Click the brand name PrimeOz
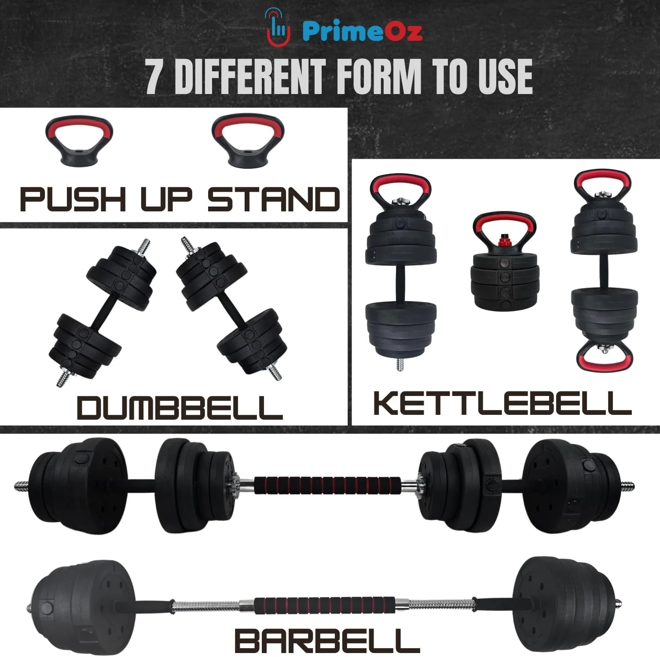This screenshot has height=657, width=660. pyautogui.click(x=363, y=31)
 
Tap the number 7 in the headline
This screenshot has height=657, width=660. pyautogui.click(x=154, y=76)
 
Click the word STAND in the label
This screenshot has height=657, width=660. pyautogui.click(x=274, y=199)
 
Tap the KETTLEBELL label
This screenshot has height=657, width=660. pyautogui.click(x=502, y=403)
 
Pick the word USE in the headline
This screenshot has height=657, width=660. pyautogui.click(x=499, y=76)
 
